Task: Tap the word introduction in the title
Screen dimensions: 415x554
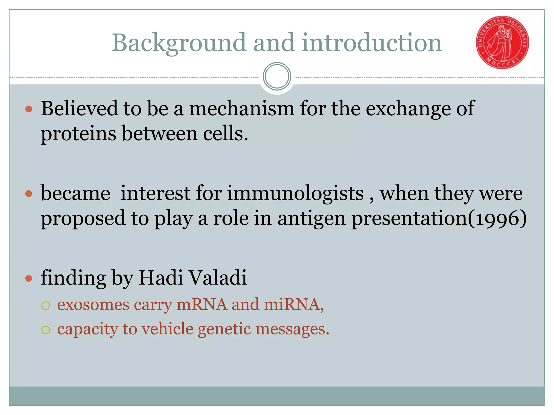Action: point(372,43)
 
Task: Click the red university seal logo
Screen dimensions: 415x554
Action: point(502,42)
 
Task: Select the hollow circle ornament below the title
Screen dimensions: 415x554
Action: point(277,76)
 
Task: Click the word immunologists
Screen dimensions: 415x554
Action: point(295,193)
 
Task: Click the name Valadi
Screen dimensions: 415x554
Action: point(217,278)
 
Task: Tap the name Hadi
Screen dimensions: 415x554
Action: point(161,278)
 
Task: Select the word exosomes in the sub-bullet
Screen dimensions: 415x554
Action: point(93,305)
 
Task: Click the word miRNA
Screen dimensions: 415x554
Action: point(294,304)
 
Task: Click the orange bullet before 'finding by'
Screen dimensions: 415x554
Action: point(29,278)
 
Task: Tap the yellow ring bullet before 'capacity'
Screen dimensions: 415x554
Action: point(46,330)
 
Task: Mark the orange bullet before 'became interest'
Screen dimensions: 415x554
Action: point(29,194)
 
